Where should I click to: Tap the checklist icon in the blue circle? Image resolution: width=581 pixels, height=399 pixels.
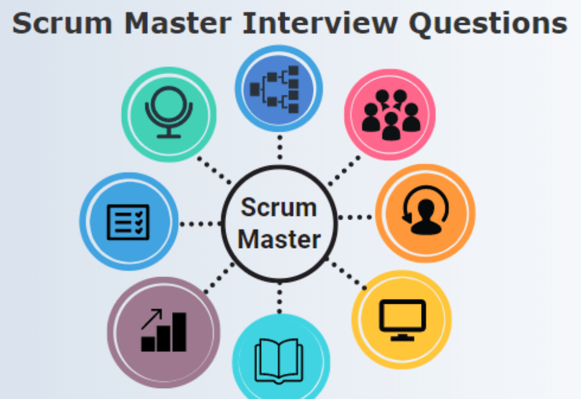point(128,221)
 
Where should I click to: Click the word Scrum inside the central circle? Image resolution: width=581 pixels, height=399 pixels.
point(279,208)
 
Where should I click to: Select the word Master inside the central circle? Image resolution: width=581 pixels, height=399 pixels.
point(279,239)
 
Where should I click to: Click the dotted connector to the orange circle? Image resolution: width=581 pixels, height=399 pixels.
point(356,216)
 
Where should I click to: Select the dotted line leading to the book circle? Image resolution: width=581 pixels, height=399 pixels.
point(279,298)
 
